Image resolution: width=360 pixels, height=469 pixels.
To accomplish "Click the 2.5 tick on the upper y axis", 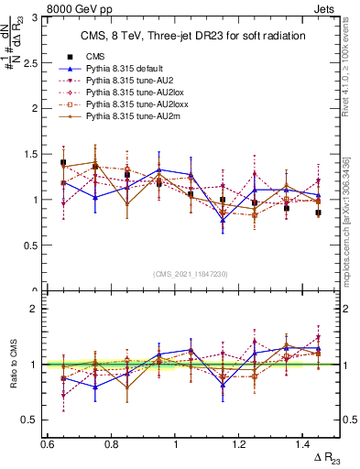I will tap(34, 62).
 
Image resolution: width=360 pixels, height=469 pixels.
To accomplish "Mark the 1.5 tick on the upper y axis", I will tap(34, 154).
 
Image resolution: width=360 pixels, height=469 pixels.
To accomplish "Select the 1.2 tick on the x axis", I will tap(240, 444).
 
